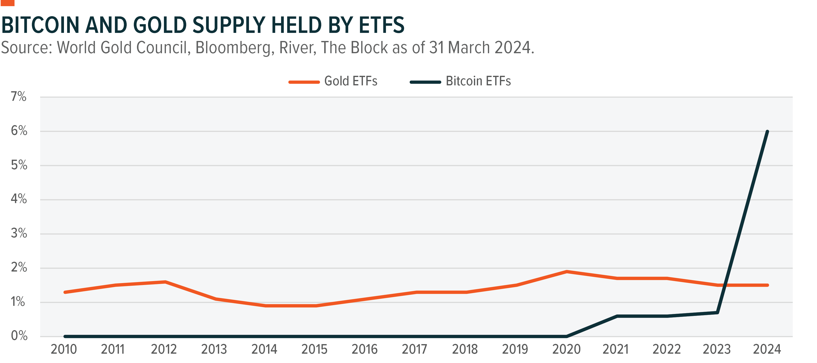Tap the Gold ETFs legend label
(350, 81)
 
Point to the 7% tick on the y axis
(19, 96)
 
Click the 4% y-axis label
(19, 199)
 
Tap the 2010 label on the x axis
(64, 349)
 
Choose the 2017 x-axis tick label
(415, 349)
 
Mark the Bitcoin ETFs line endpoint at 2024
(767, 132)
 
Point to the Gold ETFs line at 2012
(165, 282)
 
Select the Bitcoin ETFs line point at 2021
(617, 316)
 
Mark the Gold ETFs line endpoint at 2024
(767, 285)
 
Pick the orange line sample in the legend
(304, 82)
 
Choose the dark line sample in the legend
(425, 82)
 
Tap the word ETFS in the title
(382, 25)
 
